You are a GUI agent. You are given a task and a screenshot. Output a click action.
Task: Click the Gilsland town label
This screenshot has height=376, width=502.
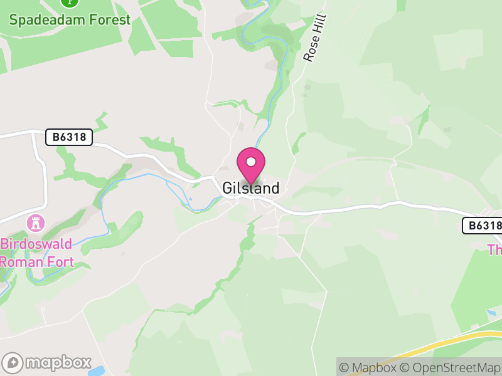click(x=250, y=188)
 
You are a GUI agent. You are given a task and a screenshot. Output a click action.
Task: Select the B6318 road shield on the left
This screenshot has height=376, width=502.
click(x=69, y=137)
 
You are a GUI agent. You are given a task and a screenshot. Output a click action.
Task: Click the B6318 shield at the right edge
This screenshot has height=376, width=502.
click(x=483, y=226)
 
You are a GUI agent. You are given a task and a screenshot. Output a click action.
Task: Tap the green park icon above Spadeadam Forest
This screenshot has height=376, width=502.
click(x=70, y=2)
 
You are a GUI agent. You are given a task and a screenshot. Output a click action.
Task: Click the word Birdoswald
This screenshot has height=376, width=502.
click(x=36, y=244)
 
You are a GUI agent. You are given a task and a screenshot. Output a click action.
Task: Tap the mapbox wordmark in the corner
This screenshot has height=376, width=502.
click(x=58, y=363)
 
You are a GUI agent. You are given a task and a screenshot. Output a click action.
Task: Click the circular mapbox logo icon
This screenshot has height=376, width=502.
click(x=13, y=363)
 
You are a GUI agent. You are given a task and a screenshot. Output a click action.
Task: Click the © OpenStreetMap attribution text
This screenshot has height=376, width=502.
click(x=451, y=367)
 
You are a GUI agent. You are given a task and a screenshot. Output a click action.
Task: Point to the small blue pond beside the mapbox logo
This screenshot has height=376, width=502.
click(x=97, y=372)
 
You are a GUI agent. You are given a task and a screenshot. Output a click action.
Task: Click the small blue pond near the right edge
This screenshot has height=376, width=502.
click(x=491, y=313)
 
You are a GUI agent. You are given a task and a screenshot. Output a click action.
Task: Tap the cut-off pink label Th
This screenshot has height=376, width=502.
click(x=495, y=250)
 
